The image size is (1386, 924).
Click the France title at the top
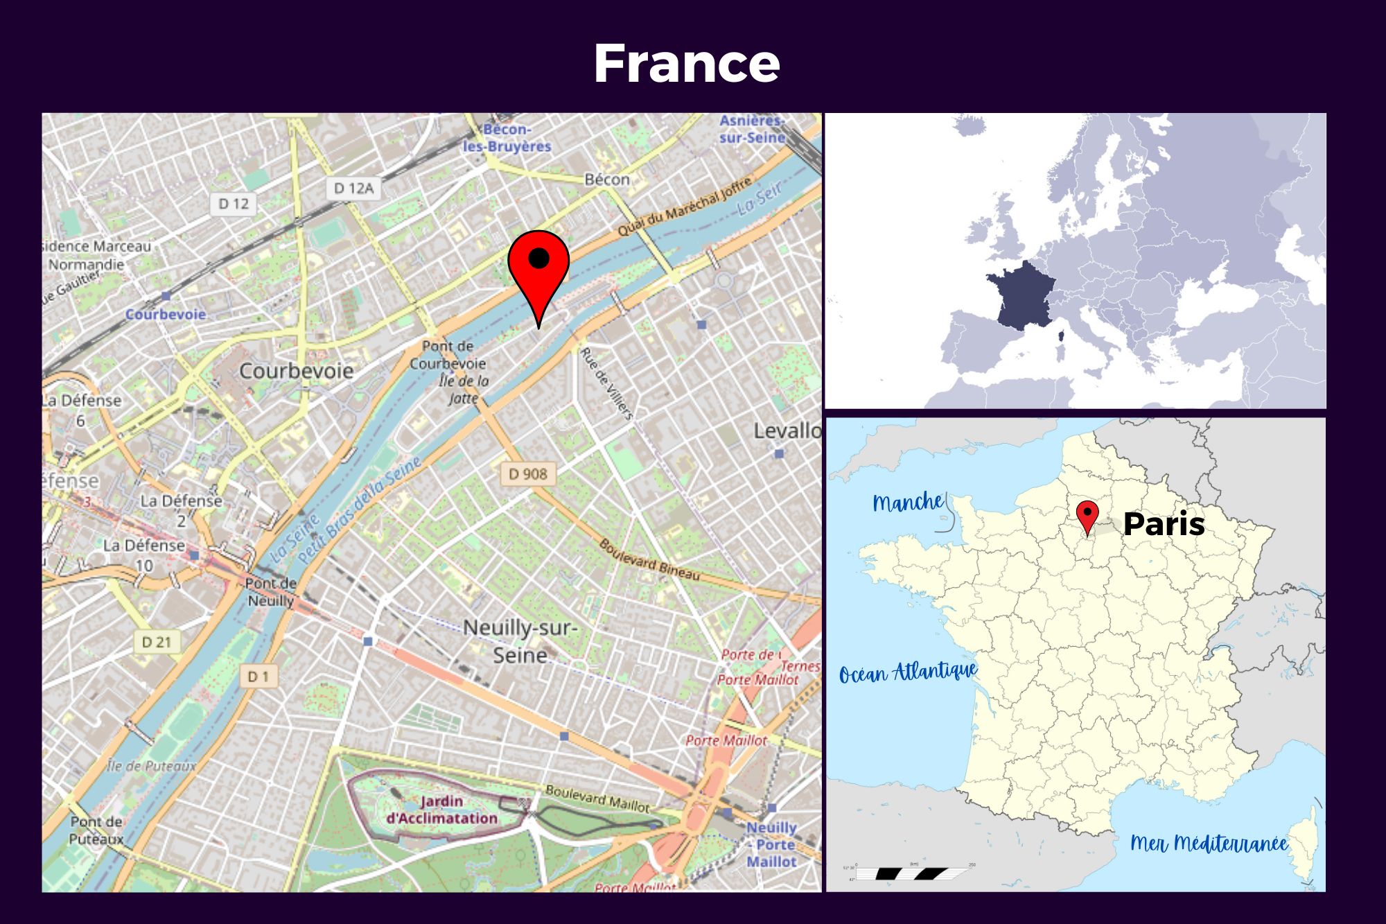pyautogui.click(x=686, y=64)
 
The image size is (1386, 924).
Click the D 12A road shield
pyautogui.click(x=353, y=188)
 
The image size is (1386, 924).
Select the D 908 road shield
pyautogui.click(x=527, y=474)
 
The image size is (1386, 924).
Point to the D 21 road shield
pyautogui.click(x=156, y=642)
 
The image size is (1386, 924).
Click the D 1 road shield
pyautogui.click(x=258, y=677)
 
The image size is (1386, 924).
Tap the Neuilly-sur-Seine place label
pyautogui.click(x=520, y=641)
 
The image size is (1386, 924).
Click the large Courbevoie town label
pyautogui.click(x=296, y=371)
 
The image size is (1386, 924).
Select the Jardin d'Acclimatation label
pyautogui.click(x=441, y=810)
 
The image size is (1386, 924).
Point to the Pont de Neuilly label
pyautogui.click(x=271, y=592)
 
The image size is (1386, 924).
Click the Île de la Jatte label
pyautogui.click(x=464, y=390)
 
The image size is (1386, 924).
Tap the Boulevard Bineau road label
pyautogui.click(x=649, y=560)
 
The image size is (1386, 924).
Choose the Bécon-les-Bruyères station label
pyautogui.click(x=507, y=138)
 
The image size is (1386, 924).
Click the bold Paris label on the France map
pyautogui.click(x=1164, y=524)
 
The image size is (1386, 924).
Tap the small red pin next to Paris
pyautogui.click(x=1087, y=516)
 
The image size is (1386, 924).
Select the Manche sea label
pyautogui.click(x=908, y=502)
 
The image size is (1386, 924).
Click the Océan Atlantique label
pyautogui.click(x=908, y=672)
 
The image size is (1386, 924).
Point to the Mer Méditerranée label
pyautogui.click(x=1209, y=843)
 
